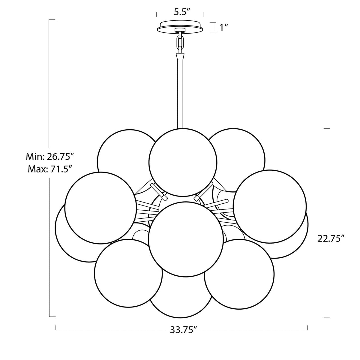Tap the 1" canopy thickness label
(224, 28)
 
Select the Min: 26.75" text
(50, 156)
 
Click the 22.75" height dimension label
(330, 238)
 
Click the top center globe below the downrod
(183, 162)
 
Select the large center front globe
(186, 239)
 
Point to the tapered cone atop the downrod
(180, 56)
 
